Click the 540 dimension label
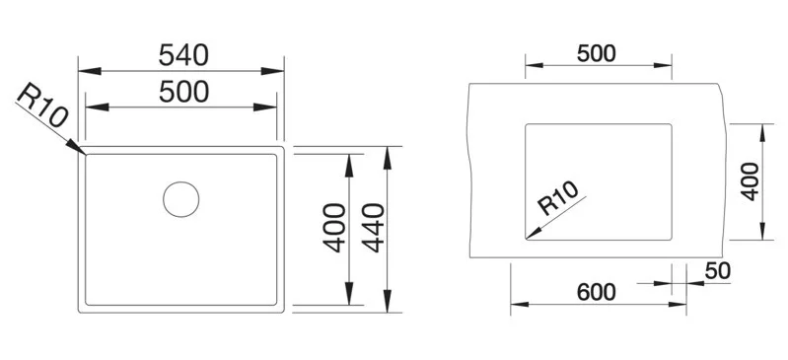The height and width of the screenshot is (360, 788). click(183, 55)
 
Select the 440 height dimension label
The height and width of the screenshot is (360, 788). click(374, 227)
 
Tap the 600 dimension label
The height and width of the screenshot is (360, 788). click(596, 292)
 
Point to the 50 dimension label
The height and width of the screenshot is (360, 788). click(717, 271)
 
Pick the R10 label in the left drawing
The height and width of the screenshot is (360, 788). click(42, 105)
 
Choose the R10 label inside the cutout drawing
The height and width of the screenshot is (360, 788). click(558, 197)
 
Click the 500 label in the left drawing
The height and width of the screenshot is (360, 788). click(183, 92)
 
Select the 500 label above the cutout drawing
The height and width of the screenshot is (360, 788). click(596, 53)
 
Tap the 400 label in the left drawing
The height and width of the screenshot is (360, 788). click(334, 227)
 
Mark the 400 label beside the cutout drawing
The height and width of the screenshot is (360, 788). click(750, 181)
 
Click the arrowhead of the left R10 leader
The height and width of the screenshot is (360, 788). click(76, 147)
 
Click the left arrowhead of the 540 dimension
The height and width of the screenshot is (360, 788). click(90, 71)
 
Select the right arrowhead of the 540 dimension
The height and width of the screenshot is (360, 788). click(273, 71)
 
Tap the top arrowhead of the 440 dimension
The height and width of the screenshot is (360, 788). click(387, 158)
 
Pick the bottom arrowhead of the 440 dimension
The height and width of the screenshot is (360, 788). click(387, 301)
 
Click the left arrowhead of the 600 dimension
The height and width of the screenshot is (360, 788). click(520, 304)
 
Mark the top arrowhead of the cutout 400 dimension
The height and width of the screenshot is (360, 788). click(763, 132)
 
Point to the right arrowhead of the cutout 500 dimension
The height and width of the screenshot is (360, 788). click(663, 65)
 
